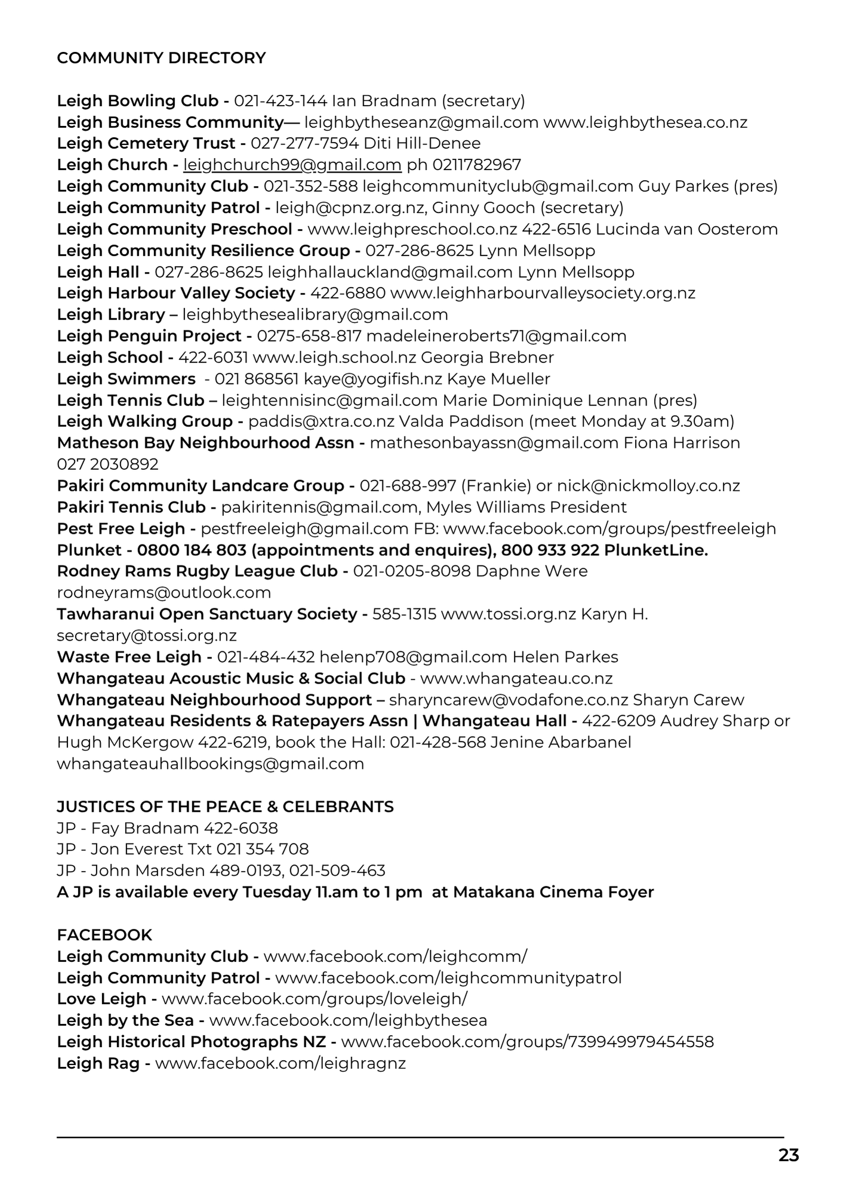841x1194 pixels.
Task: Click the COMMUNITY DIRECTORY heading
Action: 161,58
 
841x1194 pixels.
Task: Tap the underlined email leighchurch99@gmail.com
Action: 292,165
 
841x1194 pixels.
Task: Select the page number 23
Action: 788,1155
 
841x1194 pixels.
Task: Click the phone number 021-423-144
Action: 280,101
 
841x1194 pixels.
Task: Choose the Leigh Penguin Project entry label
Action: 149,336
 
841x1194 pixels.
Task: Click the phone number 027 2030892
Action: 107,464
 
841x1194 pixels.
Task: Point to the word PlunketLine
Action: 655,550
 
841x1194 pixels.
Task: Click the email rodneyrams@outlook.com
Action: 164,593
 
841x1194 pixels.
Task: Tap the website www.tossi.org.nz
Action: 508,614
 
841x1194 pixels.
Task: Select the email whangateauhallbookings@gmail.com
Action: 210,764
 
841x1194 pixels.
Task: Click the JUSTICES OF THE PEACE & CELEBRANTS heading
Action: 225,807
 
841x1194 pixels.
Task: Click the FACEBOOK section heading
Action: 104,935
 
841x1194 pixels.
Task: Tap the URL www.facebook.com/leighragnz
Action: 280,1063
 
